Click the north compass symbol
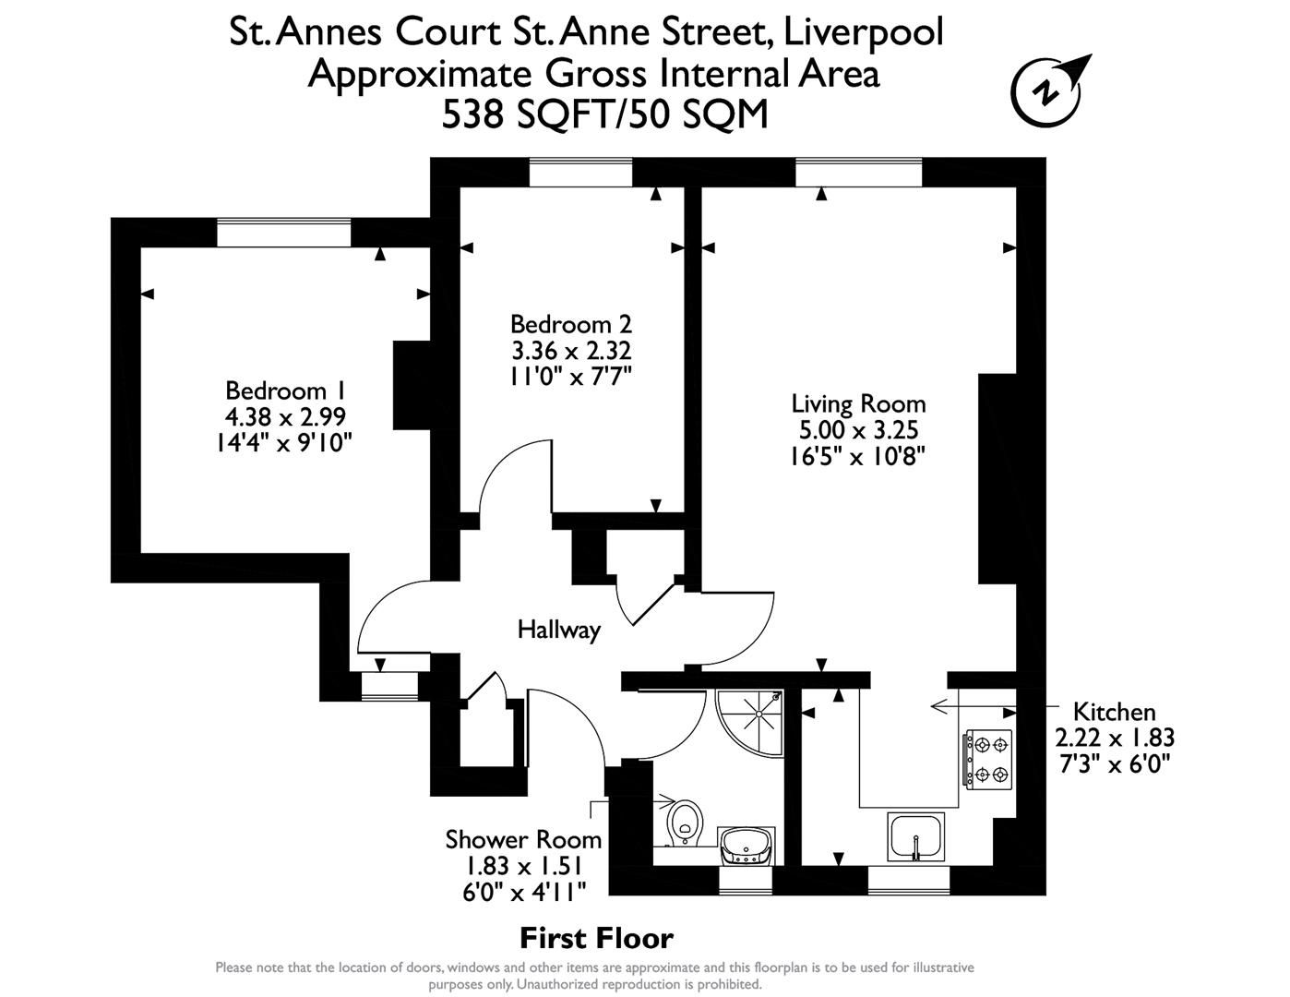coord(1049,91)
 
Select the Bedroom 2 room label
coord(570,324)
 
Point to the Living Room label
coord(858,403)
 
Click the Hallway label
coord(558,631)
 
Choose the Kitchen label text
coord(1114,712)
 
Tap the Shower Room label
coord(523,839)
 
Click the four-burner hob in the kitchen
coord(989,759)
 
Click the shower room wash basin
coord(747,845)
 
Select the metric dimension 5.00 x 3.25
coord(858,429)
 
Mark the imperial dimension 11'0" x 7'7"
coord(570,376)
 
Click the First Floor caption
coord(596,939)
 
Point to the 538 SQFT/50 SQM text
coord(604,114)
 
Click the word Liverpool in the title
coord(863,31)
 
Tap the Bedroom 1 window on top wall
coord(284,233)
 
